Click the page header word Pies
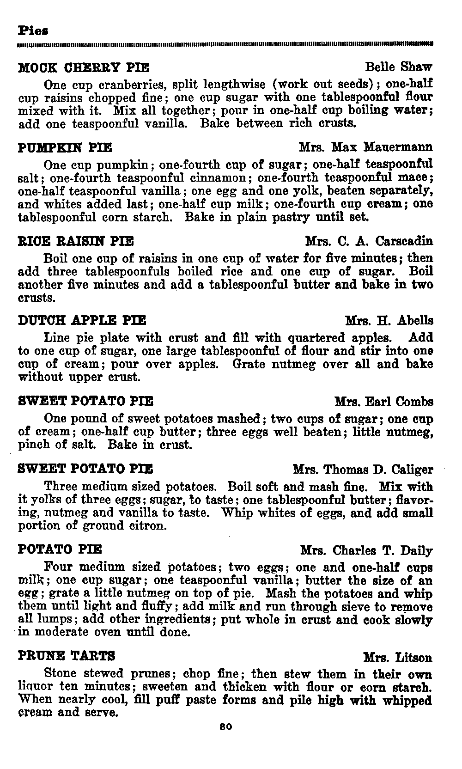pyautogui.click(x=33, y=31)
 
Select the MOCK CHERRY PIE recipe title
pyautogui.click(x=83, y=68)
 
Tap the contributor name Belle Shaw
pyautogui.click(x=398, y=67)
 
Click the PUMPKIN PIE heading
pyautogui.click(x=65, y=148)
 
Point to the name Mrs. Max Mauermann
pyautogui.click(x=366, y=147)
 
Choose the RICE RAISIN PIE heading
pyautogui.click(x=76, y=241)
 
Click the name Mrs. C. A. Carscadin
pyautogui.click(x=369, y=241)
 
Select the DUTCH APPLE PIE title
pyautogui.click(x=82, y=320)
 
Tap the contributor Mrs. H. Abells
pyautogui.click(x=389, y=321)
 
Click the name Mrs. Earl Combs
pyautogui.click(x=384, y=402)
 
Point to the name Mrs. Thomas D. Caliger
pyautogui.click(x=363, y=470)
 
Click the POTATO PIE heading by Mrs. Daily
pyautogui.click(x=60, y=550)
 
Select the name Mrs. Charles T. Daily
pyautogui.click(x=366, y=551)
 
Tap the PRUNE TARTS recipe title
pyautogui.click(x=67, y=656)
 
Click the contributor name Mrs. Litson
pyautogui.click(x=398, y=657)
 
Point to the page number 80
pyautogui.click(x=226, y=727)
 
